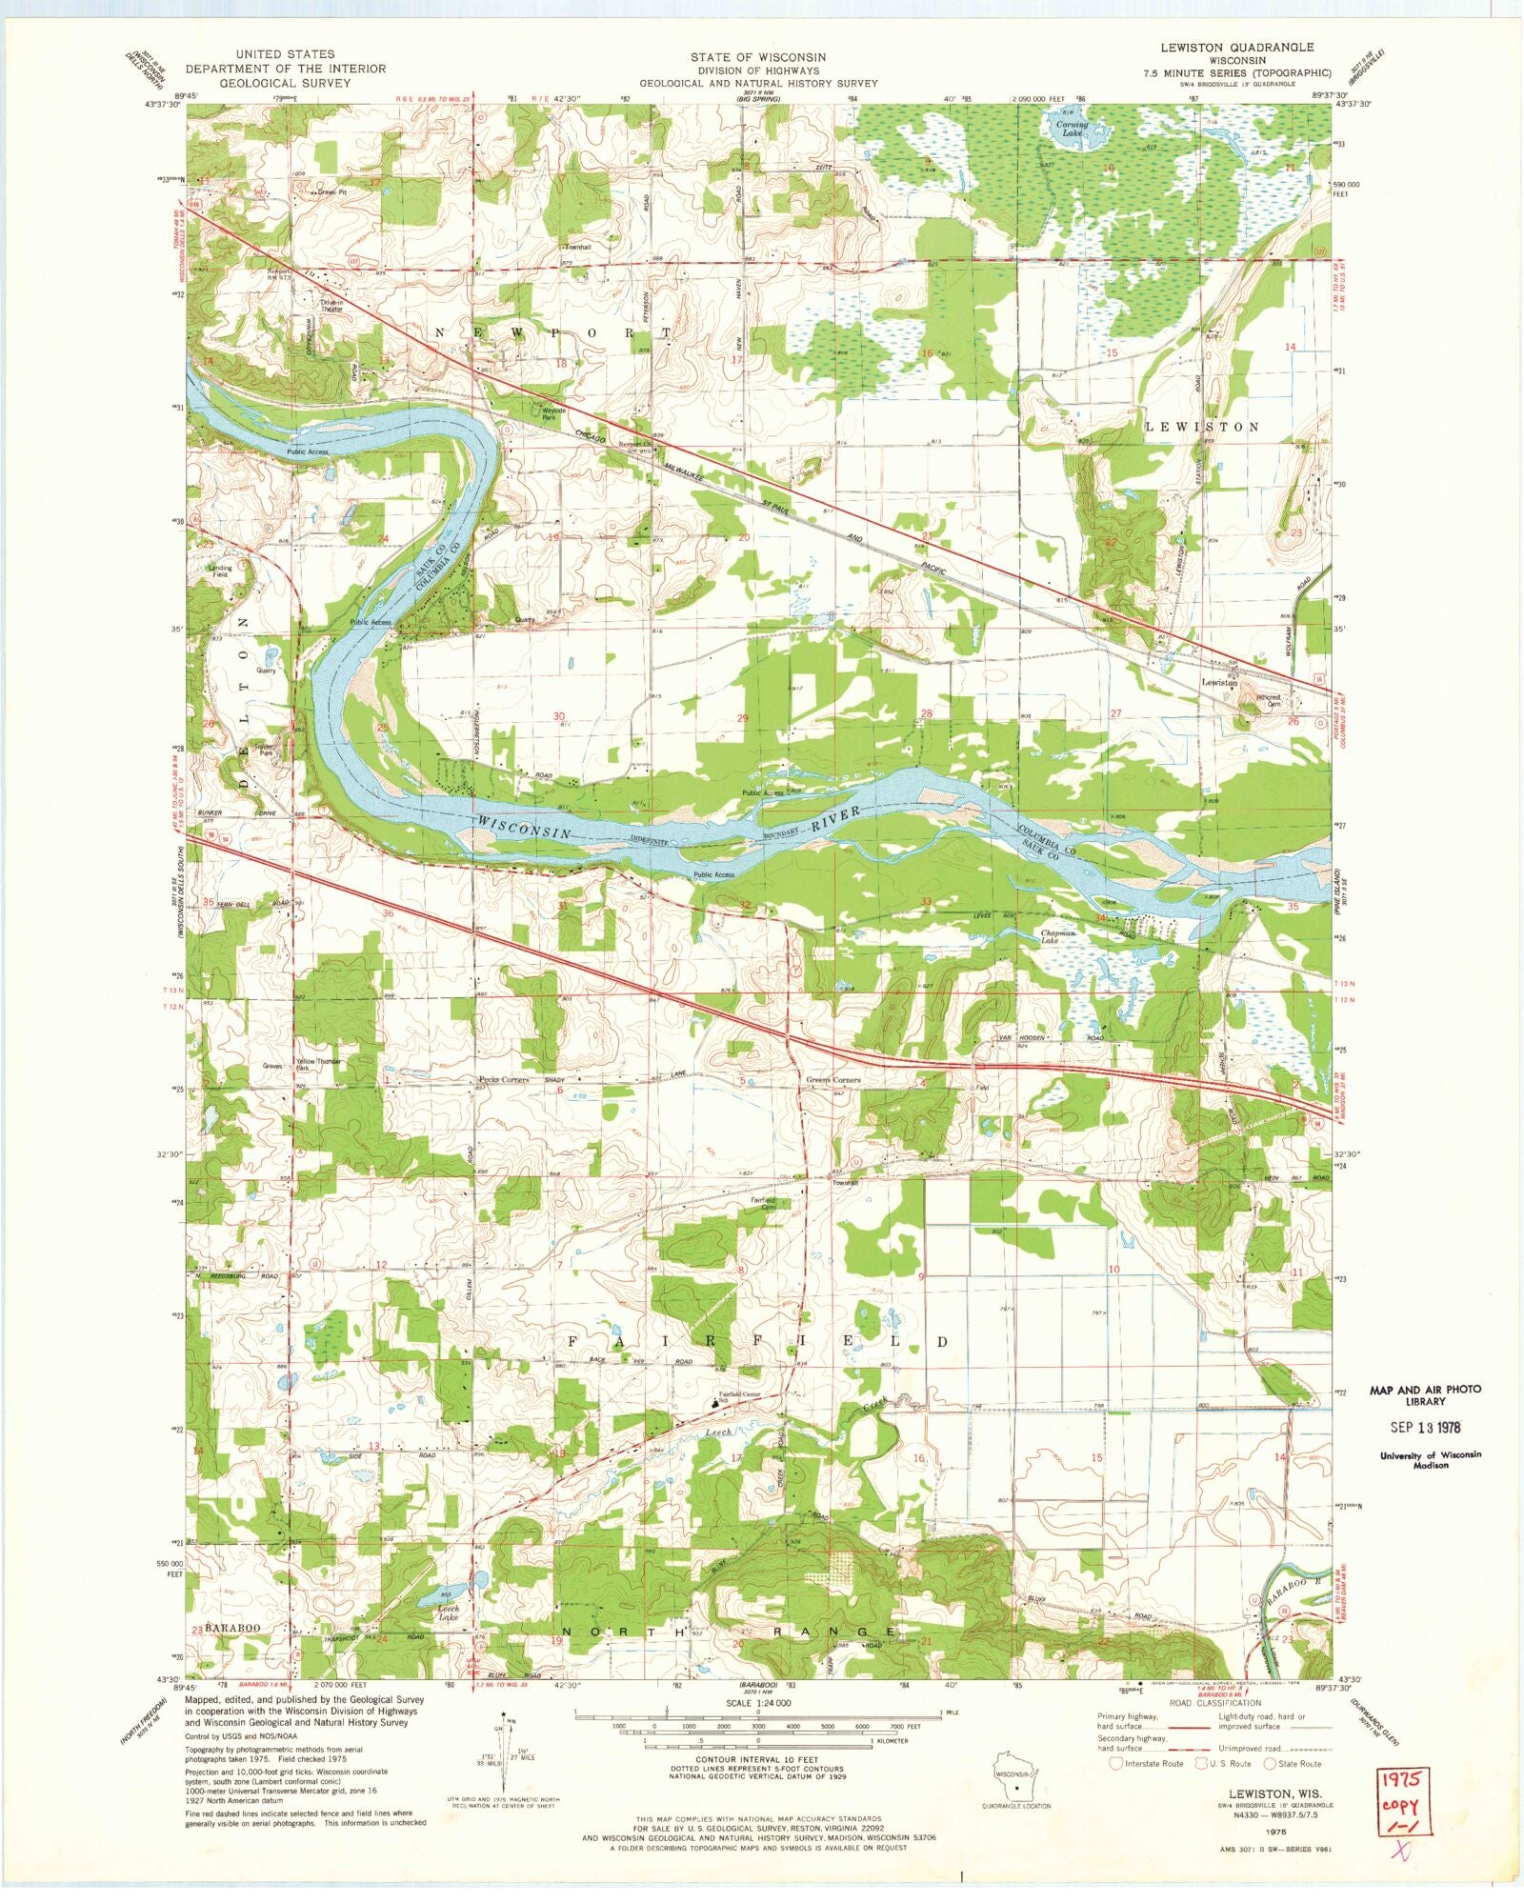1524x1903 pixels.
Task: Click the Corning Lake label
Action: pos(1072,129)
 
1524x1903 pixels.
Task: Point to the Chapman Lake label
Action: pos(1057,937)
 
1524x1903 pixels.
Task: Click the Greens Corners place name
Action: pos(833,1080)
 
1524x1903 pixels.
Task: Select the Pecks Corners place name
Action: pos(503,1080)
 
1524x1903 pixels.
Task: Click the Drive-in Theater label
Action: pos(331,306)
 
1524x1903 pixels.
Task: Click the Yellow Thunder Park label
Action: pos(318,1064)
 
